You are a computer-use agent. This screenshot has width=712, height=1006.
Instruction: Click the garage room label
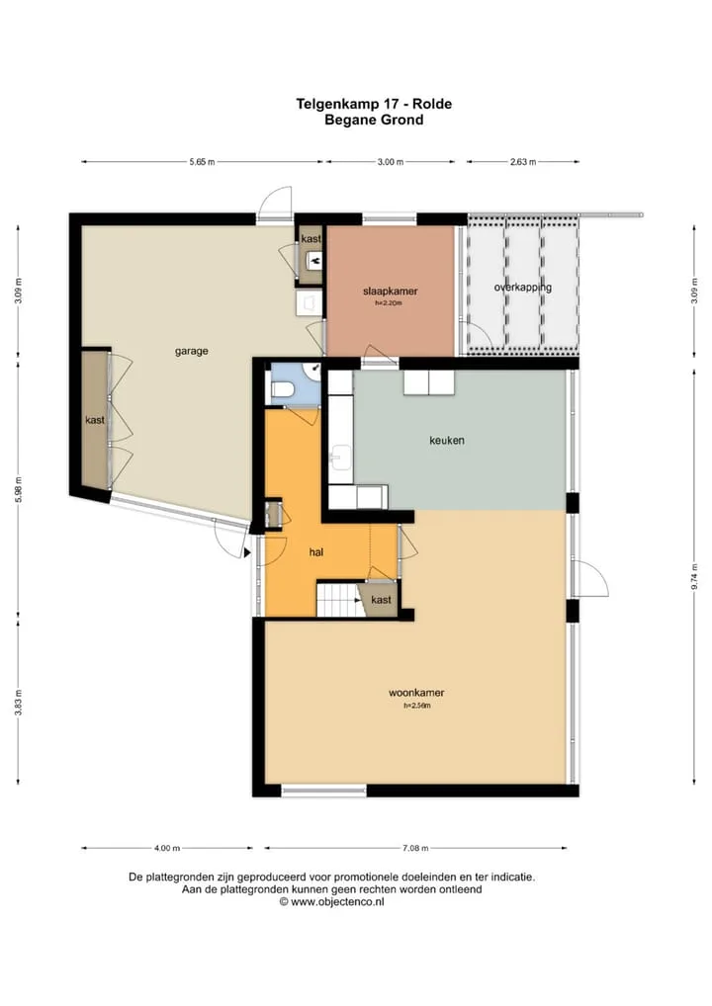pos(191,352)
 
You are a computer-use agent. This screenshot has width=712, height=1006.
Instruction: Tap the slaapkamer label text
pos(391,292)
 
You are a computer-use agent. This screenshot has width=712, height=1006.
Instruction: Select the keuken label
pos(447,440)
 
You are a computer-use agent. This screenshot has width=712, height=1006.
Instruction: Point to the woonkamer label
pos(416,693)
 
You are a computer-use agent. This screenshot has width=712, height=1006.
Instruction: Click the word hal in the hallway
pos(315,552)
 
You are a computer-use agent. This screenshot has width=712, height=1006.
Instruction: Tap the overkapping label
pos(522,288)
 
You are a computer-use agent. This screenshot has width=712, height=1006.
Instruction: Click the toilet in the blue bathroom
pos(283,388)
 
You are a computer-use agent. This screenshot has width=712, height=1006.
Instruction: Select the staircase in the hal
pos(339,599)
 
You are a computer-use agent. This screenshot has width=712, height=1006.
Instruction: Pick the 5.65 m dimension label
pos(202,162)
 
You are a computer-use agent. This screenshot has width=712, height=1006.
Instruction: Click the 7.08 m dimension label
pos(415,848)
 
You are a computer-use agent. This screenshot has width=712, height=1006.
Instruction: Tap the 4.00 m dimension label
pos(167,848)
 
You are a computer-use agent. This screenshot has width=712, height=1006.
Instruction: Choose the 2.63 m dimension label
pos(523,162)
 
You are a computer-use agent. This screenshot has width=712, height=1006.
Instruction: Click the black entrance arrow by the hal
pos(247,552)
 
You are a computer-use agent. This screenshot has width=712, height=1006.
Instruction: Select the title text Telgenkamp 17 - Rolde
pos(374,104)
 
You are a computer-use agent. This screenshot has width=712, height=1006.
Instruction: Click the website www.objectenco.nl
pos(337,901)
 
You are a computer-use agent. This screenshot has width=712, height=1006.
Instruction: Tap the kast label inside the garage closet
pos(95,420)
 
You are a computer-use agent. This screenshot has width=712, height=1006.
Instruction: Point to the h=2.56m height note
pos(416,706)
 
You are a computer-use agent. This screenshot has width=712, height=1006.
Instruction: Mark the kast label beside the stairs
pos(381,600)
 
